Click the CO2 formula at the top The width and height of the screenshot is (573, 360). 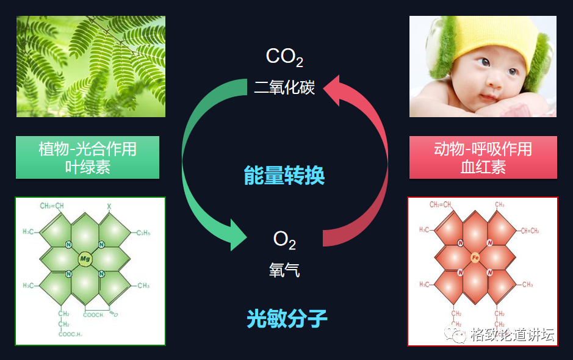pos(284,57)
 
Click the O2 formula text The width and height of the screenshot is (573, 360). pos(284,240)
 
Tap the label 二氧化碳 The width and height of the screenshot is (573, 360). pos(284,87)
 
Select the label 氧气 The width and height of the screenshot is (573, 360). pos(284,270)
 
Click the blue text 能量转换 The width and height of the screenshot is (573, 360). pos(284,176)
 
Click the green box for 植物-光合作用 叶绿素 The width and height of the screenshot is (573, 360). pos(87,157)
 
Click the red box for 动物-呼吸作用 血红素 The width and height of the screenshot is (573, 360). pos(483,157)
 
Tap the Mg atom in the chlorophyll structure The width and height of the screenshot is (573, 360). pos(85,259)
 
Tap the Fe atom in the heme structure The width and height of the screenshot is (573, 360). pos(475,258)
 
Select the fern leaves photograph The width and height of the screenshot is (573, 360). pos(90,66)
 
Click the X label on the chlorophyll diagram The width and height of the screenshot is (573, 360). pos(110,206)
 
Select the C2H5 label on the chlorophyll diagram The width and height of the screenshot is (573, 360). pos(143,232)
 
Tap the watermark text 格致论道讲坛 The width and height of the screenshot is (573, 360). pos(511,335)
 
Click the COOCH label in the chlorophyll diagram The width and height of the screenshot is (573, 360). pos(95,314)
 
